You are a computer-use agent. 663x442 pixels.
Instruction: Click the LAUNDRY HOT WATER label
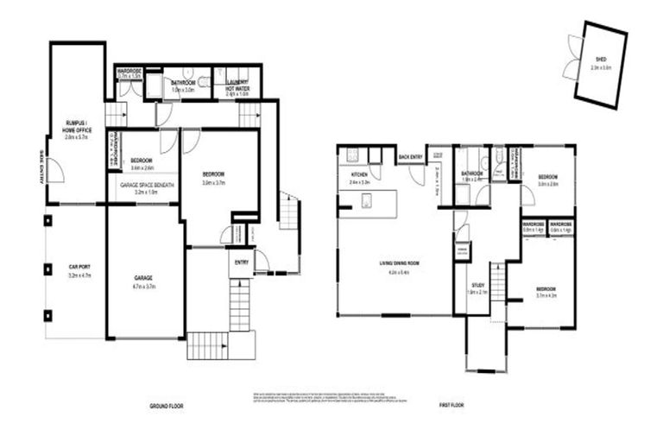coord(237,85)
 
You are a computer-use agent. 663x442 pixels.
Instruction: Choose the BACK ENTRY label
coord(411,156)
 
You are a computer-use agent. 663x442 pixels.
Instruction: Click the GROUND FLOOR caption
coord(165,405)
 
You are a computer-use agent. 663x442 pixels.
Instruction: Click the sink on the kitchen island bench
coord(366,204)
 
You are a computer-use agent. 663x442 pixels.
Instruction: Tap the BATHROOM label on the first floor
coord(472,175)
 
